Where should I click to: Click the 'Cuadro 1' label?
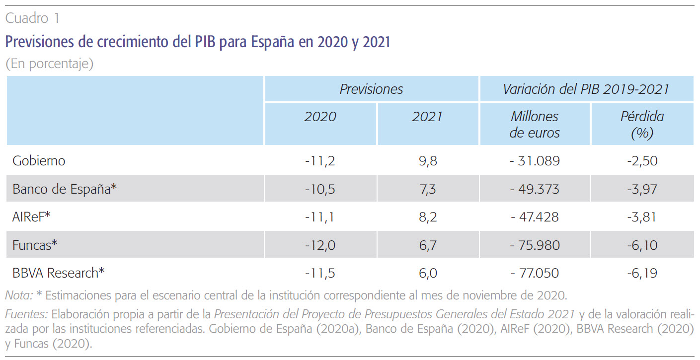pos(32,19)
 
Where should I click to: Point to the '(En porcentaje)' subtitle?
pos(49,64)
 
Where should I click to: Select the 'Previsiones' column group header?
pos(371,89)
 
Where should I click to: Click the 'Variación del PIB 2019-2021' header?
pos(586,89)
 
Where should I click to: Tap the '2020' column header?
pos(320,117)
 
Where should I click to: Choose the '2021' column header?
pos(427,117)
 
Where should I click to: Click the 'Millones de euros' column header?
pos(535,125)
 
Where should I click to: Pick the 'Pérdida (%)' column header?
pos(642,125)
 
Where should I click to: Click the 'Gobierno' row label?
pos(39,161)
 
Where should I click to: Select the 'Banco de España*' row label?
pos(65,189)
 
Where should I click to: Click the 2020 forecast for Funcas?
pos(320,245)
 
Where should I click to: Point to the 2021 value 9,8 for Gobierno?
pos(427,161)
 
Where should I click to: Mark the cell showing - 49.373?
pos(535,189)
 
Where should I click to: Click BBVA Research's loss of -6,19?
pos(642,273)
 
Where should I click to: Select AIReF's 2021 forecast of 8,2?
pos(427,217)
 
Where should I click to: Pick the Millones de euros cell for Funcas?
pos(535,245)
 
